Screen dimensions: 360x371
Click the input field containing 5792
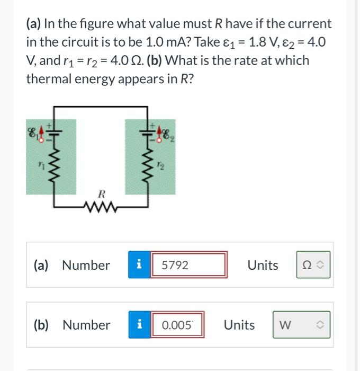[190, 265]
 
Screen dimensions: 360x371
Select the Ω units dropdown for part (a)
[313, 265]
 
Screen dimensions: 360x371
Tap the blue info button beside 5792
[139, 265]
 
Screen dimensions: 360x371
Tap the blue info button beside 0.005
[139, 325]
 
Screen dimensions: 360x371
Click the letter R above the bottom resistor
[102, 194]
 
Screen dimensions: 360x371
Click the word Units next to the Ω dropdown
[263, 265]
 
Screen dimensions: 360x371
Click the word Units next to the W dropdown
[239, 325]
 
